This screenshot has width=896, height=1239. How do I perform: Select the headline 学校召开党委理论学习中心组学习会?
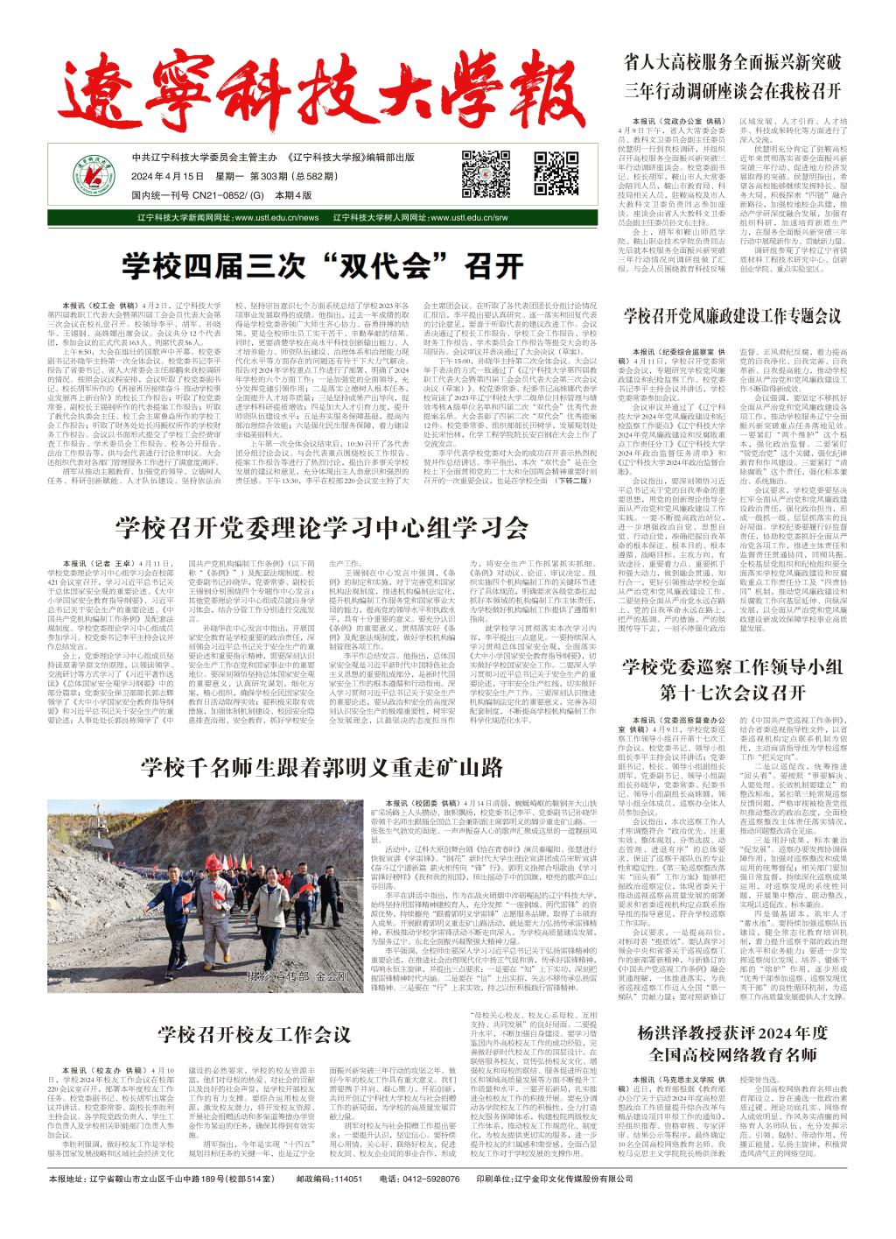coord(322,527)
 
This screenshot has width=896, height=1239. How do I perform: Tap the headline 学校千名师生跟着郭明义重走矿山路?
coord(322,767)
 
